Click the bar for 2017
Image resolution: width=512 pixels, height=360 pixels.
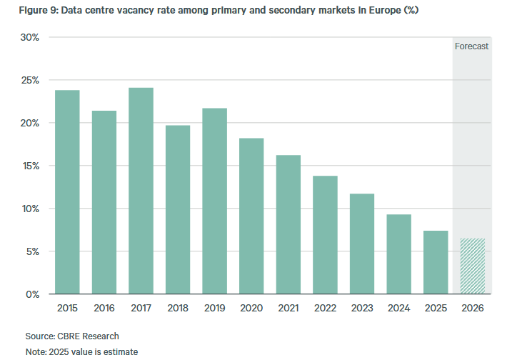point(141,191)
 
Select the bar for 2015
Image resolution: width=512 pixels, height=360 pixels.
point(67,192)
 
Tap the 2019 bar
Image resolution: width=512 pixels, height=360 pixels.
point(214,201)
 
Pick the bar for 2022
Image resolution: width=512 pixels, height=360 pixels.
point(325,235)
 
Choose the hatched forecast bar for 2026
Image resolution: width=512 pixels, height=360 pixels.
point(472,266)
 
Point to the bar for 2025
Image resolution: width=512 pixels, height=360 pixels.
point(435,262)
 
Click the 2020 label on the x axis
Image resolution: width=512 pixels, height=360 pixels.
point(251,308)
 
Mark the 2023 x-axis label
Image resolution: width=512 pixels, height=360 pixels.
point(361,308)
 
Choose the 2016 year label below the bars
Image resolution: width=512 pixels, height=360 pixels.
point(104,308)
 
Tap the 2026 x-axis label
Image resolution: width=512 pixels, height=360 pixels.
point(472,308)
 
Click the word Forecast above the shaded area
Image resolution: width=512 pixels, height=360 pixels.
point(472,46)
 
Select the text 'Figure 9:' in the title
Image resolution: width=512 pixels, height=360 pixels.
point(28,9)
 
